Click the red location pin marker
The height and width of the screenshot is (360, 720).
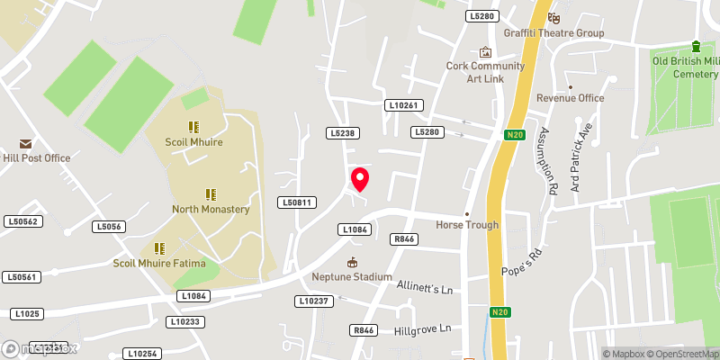pos(360,179)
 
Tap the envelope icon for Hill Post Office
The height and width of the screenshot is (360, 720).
pos(24,144)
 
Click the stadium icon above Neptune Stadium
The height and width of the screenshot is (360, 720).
pos(352,262)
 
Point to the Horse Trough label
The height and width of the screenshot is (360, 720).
pos(467,224)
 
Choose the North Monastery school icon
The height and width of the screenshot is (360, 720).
pos(211,194)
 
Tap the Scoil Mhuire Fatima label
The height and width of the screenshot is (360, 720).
pos(159,263)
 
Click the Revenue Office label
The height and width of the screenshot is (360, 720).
pos(570,98)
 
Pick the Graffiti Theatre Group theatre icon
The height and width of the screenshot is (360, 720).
pos(554,17)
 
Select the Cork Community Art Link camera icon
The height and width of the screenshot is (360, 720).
pos(486,52)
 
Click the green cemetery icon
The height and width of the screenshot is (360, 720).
pos(696,46)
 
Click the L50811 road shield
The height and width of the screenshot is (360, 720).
pos(295,202)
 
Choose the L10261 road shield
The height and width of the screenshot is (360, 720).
pos(404,105)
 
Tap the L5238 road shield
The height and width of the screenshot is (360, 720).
pos(343,133)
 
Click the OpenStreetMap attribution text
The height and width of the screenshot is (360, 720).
pos(682,354)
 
